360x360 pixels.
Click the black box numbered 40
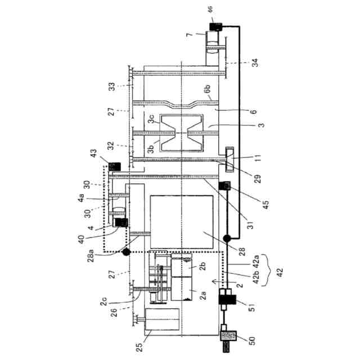(120, 223)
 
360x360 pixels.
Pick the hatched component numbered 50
(229, 336)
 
